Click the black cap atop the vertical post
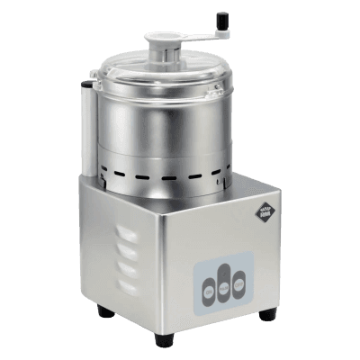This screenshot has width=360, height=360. (86, 85)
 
